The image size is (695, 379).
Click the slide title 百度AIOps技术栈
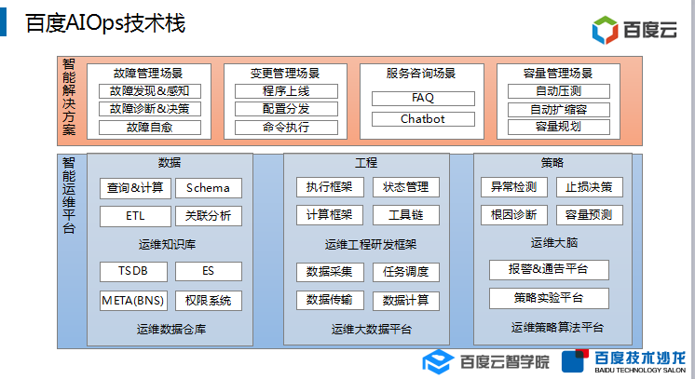[x=105, y=24]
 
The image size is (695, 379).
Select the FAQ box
[x=422, y=98]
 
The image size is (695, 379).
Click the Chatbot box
[x=422, y=119]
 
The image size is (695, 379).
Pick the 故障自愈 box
[x=148, y=127]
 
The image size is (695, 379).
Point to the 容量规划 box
[x=558, y=127]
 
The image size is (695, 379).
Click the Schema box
[x=208, y=188]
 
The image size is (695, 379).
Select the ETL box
[x=135, y=216]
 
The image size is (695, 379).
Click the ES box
[x=208, y=272]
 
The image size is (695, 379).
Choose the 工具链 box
[x=405, y=215]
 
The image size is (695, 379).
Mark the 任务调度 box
[x=405, y=272]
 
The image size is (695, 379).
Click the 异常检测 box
[x=513, y=187]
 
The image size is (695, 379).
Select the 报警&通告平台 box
[x=549, y=270]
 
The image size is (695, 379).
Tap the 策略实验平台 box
[x=549, y=298]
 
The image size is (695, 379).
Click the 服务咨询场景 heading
[x=421, y=73]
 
